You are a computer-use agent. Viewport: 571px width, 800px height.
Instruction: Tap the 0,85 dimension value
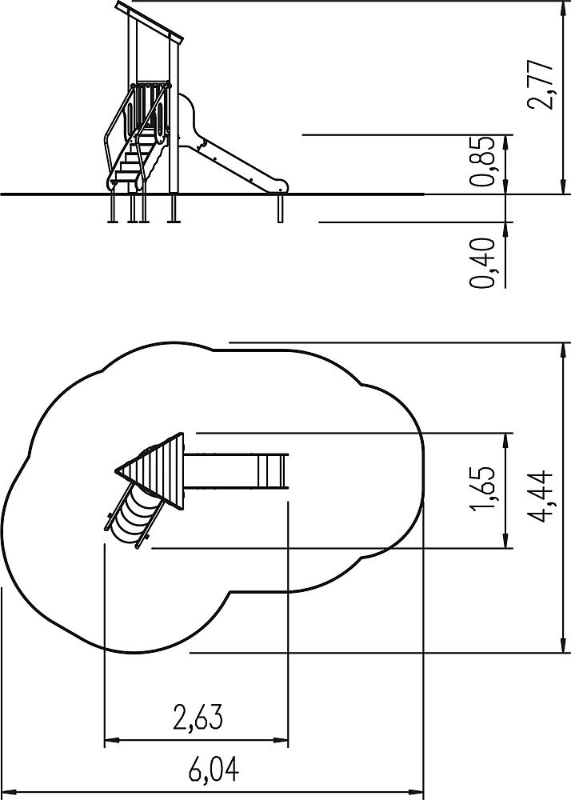(x=482, y=162)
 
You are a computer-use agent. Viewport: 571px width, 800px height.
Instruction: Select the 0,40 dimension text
(x=482, y=263)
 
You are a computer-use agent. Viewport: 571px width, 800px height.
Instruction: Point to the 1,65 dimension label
(x=482, y=488)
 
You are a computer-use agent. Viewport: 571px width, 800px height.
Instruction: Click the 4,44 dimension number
(x=541, y=495)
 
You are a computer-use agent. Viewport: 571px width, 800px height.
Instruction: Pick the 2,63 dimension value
(x=198, y=717)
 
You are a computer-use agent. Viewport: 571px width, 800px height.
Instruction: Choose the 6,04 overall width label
(x=214, y=770)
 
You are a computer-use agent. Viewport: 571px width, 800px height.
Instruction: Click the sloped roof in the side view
(x=149, y=21)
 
